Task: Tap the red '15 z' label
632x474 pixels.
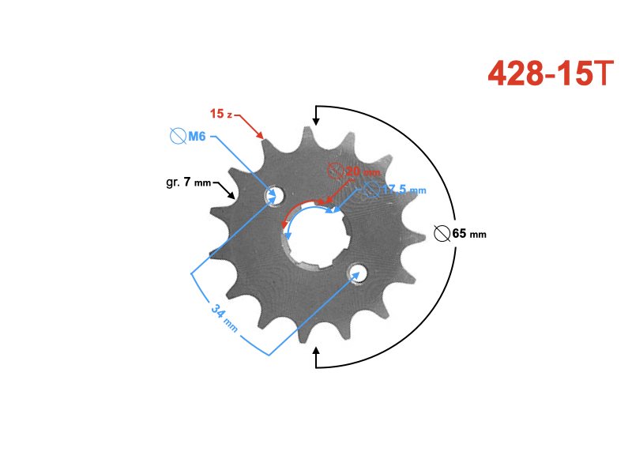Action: point(220,114)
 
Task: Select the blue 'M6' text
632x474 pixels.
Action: point(197,137)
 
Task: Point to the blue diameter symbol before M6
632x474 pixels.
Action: point(178,137)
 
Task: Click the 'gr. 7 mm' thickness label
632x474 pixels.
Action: point(189,182)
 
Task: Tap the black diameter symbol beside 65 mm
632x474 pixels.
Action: point(442,234)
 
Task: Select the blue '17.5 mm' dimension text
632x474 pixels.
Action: point(404,190)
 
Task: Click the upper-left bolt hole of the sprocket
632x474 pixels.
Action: point(275,195)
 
